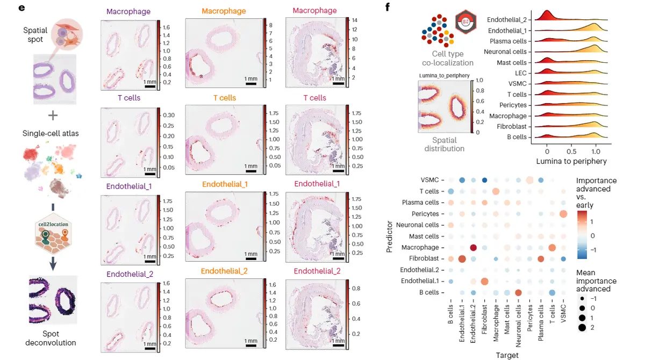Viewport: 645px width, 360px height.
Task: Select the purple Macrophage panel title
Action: (x=128, y=11)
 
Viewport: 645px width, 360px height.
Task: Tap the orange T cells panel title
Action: (x=224, y=98)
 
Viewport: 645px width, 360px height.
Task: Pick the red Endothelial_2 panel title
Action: (x=317, y=271)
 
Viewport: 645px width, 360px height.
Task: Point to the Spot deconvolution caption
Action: (x=53, y=337)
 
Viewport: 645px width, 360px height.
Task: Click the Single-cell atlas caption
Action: (x=51, y=133)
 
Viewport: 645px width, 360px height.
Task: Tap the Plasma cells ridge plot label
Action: (x=508, y=41)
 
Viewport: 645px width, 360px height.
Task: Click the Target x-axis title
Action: (x=508, y=355)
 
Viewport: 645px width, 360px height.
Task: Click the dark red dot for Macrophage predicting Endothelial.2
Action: (x=474, y=248)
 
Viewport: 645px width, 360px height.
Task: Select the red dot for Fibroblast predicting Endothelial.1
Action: (x=462, y=259)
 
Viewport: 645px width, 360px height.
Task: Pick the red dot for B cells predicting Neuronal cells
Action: (x=519, y=292)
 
